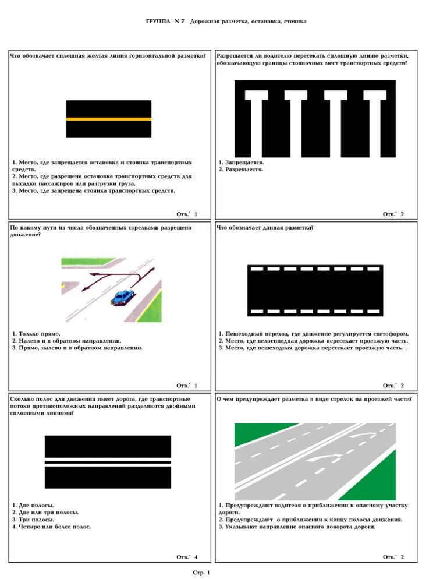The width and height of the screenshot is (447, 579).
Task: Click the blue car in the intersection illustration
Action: (122, 297)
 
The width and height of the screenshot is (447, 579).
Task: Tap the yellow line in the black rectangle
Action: (108, 119)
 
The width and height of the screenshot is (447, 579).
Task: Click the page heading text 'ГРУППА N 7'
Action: (165, 22)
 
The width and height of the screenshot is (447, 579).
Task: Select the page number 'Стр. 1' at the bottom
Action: (201, 572)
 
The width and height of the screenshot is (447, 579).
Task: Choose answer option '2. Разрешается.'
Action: (241, 170)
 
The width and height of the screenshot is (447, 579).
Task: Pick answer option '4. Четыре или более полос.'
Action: (52, 527)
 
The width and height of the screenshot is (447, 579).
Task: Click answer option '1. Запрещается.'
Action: (242, 162)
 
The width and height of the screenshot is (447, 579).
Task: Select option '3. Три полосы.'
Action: (34, 519)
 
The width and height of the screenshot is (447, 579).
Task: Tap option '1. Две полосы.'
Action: (33, 504)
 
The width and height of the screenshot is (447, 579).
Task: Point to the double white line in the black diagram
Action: (108, 462)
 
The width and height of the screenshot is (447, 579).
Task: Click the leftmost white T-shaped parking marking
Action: (257, 116)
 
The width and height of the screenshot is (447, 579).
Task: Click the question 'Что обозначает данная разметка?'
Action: (265, 227)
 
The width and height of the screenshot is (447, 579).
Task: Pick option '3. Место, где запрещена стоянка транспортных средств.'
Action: (94, 190)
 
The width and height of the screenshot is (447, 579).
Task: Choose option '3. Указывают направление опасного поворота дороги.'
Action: (297, 527)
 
